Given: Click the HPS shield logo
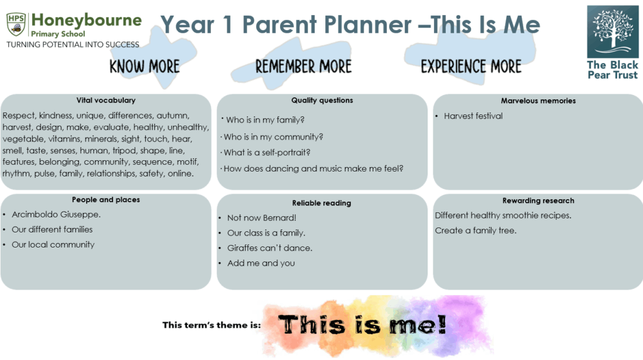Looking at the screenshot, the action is pyautogui.click(x=16, y=25).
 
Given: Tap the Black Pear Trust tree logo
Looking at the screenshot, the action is pyautogui.click(x=613, y=31).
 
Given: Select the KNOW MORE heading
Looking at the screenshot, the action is pyautogui.click(x=144, y=67).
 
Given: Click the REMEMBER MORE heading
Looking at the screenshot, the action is pyautogui.click(x=303, y=67).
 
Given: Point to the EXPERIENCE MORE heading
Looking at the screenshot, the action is pyautogui.click(x=471, y=67).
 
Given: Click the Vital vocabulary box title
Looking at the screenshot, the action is pyautogui.click(x=105, y=100).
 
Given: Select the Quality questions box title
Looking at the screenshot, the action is pyautogui.click(x=322, y=100).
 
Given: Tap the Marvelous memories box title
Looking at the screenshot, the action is pyautogui.click(x=538, y=101).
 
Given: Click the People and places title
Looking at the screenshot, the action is pyautogui.click(x=105, y=200).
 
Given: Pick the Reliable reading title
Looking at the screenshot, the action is pyautogui.click(x=321, y=203).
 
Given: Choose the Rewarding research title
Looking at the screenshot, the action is pyautogui.click(x=538, y=200).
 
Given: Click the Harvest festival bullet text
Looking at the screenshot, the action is pyautogui.click(x=473, y=116).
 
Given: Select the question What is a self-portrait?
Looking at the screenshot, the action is pyautogui.click(x=267, y=153).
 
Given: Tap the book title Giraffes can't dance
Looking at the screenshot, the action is pyautogui.click(x=270, y=248).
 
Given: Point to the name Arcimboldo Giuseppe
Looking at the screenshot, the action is pyautogui.click(x=56, y=215).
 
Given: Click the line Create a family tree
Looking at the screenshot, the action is pyautogui.click(x=476, y=231).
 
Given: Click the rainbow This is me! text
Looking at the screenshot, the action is pyautogui.click(x=362, y=325).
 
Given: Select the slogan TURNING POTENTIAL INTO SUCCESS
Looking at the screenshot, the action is pyautogui.click(x=73, y=45).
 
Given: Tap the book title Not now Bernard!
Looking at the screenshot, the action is pyautogui.click(x=262, y=218).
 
